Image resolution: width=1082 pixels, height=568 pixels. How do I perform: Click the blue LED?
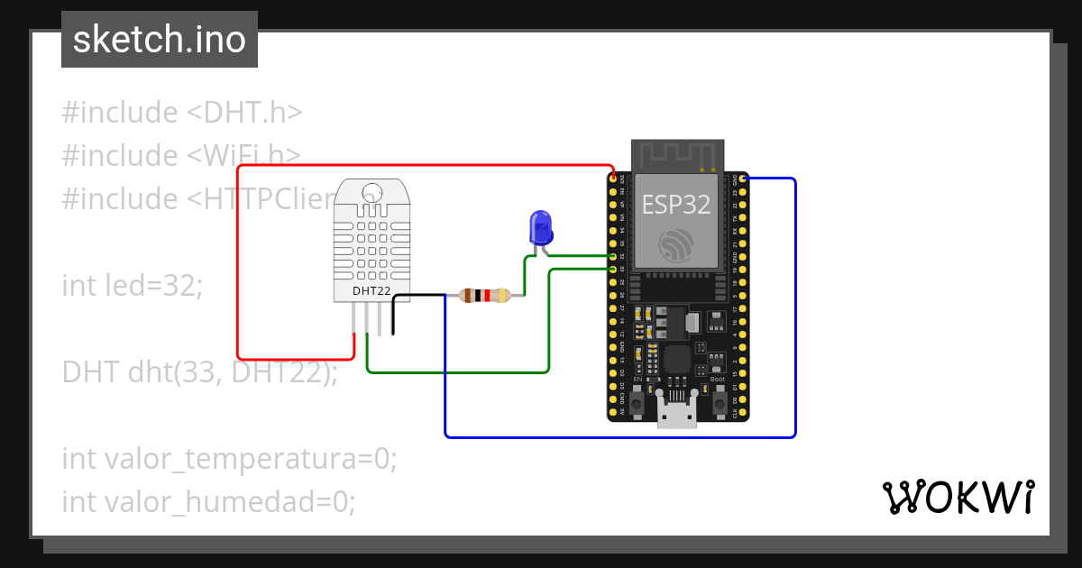point(540,226)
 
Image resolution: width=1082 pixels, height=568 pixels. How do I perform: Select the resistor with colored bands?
point(485,295)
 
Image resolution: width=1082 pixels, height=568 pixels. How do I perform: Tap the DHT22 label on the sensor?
point(371,290)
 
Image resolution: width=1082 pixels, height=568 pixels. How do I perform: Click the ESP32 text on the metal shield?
point(676,204)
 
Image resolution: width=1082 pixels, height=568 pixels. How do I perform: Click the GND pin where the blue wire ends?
point(743,179)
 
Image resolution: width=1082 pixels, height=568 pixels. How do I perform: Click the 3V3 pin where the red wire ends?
point(613,179)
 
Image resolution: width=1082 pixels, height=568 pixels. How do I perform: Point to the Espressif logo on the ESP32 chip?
point(676,246)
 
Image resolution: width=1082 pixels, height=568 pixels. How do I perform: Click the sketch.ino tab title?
point(160,40)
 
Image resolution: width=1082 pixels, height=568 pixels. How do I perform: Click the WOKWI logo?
point(958,497)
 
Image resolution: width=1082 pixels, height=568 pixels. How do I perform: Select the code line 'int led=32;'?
point(133,286)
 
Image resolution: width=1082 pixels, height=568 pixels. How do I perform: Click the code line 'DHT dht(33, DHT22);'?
point(199,371)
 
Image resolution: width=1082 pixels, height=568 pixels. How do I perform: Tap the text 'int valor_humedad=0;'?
point(208,501)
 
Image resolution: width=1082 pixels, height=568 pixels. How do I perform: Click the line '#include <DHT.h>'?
point(182,113)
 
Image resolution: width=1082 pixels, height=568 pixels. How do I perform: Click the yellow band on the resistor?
point(500,295)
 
